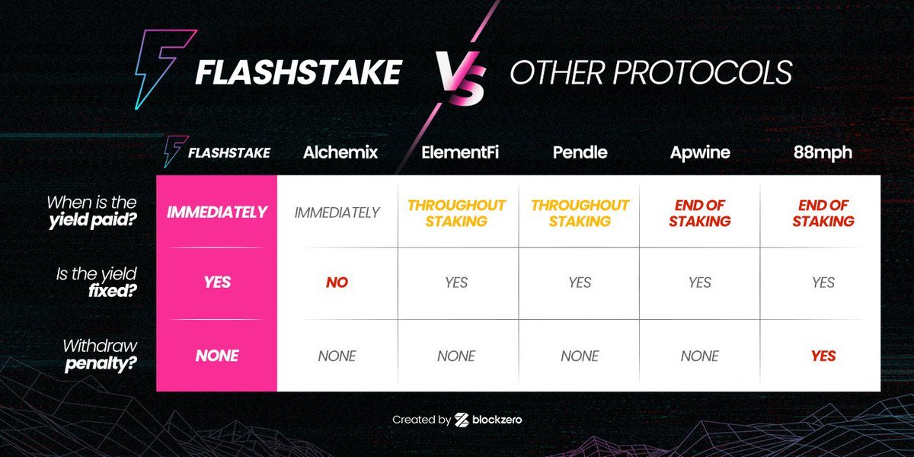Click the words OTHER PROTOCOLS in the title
click(650, 73)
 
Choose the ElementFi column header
click(457, 152)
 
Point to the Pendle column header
click(580, 152)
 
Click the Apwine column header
click(699, 152)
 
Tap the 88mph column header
click(823, 152)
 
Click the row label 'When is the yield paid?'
click(91, 213)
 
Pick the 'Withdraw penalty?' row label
click(100, 356)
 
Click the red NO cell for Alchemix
click(337, 283)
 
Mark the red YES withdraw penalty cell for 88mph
click(823, 356)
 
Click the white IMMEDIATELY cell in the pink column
click(217, 213)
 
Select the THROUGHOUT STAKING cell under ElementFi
click(456, 213)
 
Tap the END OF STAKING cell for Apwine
click(699, 213)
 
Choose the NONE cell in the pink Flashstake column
click(217, 356)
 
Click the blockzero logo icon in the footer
click(461, 420)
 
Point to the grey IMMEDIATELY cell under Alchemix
click(337, 213)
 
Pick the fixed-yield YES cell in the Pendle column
click(580, 283)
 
